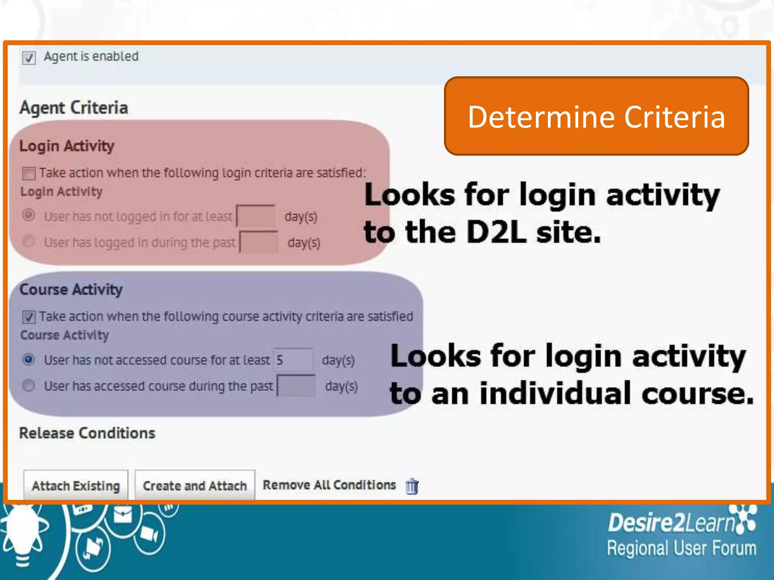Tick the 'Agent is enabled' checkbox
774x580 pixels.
click(x=29, y=58)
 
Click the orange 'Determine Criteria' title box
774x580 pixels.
click(x=596, y=116)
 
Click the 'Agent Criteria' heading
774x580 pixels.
click(x=74, y=108)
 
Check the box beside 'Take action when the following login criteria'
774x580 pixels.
click(x=29, y=173)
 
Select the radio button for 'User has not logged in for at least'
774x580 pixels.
click(x=29, y=215)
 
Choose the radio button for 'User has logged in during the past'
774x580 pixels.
click(x=29, y=241)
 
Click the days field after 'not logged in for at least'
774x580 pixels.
click(x=256, y=216)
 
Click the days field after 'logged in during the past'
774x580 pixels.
click(x=259, y=242)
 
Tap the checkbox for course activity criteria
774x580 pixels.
click(x=29, y=317)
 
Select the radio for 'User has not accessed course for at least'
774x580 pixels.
click(x=29, y=359)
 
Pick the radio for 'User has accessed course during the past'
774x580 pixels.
click(x=29, y=386)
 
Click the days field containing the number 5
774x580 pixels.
click(x=293, y=359)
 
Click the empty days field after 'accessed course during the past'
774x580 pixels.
click(x=296, y=386)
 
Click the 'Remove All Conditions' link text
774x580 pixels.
click(x=329, y=485)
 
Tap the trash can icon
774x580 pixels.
click(x=412, y=486)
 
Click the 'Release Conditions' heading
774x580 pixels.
click(x=87, y=433)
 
